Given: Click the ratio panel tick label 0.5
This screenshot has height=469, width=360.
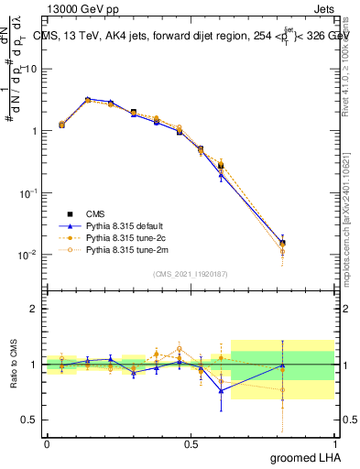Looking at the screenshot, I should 29,421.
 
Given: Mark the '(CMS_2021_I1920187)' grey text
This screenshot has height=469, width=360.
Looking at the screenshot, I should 191,272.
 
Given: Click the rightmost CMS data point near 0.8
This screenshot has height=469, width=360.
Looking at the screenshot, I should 282,244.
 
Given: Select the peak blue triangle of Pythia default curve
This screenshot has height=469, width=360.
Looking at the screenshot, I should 88,99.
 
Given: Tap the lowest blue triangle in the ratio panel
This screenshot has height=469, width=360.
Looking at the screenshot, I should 221,390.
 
